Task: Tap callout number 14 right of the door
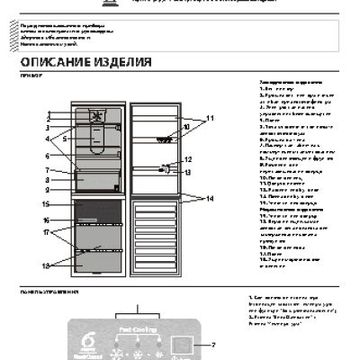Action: [x=211, y=197]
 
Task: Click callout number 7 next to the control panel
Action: [x=214, y=345]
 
